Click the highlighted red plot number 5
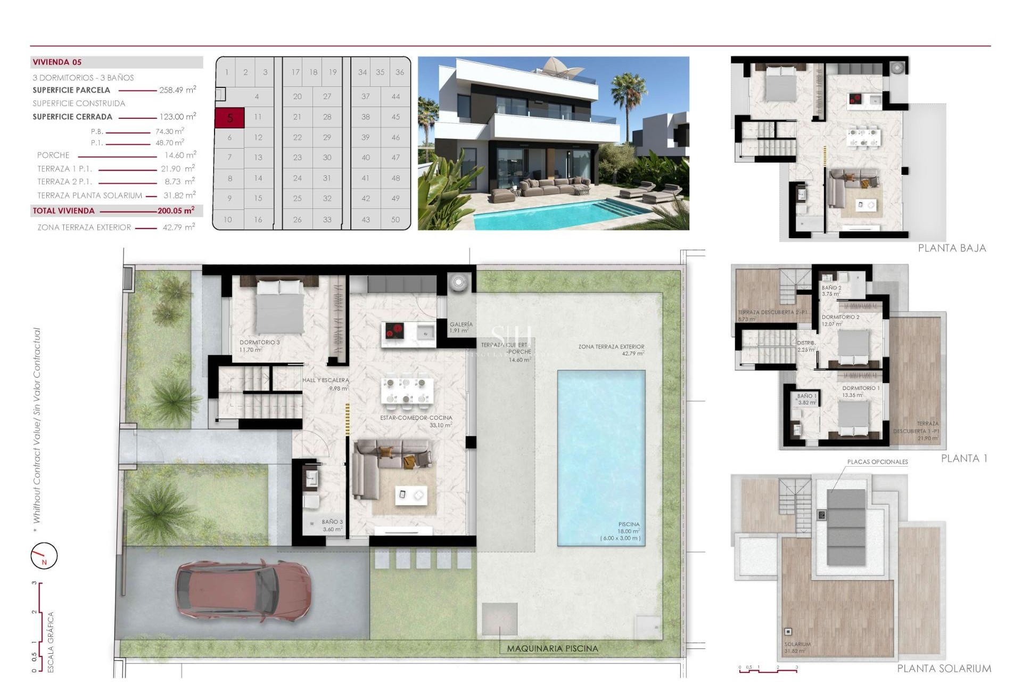click(x=229, y=118)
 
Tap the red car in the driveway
click(x=243, y=591)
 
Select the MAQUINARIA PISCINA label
click(x=552, y=648)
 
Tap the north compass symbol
click(x=44, y=556)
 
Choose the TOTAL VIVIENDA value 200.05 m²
click(x=176, y=210)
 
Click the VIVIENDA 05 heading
click(x=57, y=62)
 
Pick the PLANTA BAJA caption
click(x=952, y=248)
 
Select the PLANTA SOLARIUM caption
click(x=944, y=668)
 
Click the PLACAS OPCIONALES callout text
click(x=877, y=462)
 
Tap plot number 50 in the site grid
click(x=395, y=220)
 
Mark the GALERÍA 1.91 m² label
click(x=460, y=327)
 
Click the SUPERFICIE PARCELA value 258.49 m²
click(x=177, y=90)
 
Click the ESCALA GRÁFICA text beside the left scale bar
click(x=51, y=642)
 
